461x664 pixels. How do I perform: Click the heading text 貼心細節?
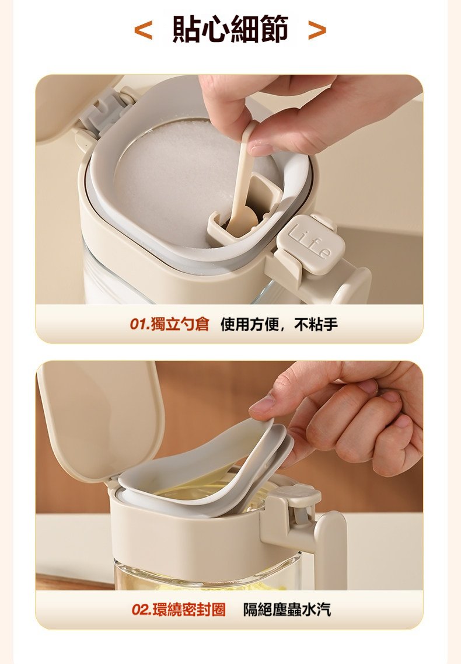(230, 29)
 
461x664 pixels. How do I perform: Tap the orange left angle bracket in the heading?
(143, 30)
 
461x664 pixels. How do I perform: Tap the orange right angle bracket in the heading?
(317, 30)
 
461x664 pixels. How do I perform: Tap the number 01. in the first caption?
(139, 325)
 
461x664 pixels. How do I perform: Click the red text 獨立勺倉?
(180, 324)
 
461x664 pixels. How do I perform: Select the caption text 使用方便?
(250, 324)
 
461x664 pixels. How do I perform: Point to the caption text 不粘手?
(316, 324)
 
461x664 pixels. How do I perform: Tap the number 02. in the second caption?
(141, 610)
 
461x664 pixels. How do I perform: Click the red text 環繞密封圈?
(189, 609)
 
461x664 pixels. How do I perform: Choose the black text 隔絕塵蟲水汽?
(287, 609)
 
